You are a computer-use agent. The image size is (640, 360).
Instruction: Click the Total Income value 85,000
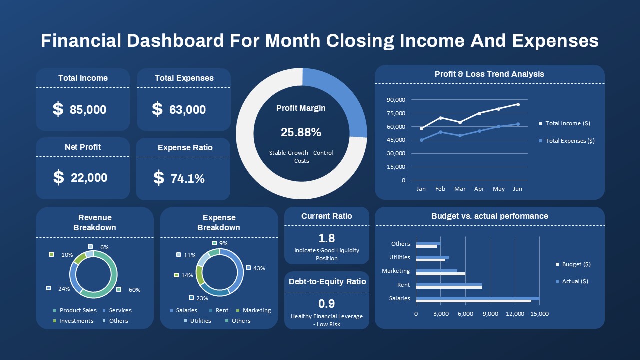click(x=88, y=110)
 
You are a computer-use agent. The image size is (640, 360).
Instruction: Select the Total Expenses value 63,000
click(x=187, y=110)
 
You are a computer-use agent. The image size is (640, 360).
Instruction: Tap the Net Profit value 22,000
click(x=89, y=178)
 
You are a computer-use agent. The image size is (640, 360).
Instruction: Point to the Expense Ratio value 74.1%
click(x=187, y=179)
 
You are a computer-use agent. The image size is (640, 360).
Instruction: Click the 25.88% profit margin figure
click(x=301, y=132)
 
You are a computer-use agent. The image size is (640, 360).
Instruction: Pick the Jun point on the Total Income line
click(x=518, y=104)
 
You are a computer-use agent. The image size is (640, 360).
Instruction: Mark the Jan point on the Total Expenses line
click(x=421, y=140)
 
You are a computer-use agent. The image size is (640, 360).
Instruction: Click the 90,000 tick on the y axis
click(x=396, y=100)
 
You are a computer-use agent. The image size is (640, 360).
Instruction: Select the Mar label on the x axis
click(x=460, y=189)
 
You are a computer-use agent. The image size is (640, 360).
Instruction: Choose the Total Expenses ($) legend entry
click(x=570, y=141)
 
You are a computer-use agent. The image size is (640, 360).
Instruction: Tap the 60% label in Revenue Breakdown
click(x=134, y=290)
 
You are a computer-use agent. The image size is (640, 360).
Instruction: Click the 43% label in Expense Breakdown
click(x=259, y=268)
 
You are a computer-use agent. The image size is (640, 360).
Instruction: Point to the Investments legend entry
click(x=76, y=321)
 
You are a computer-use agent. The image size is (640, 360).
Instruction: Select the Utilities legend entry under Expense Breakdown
click(x=200, y=321)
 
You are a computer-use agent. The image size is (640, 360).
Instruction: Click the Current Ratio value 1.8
click(x=326, y=238)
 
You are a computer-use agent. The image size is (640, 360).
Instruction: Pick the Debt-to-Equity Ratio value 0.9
click(x=326, y=304)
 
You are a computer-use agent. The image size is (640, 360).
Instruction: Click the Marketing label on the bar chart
click(x=396, y=271)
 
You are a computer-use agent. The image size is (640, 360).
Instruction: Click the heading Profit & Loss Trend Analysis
click(x=489, y=74)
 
